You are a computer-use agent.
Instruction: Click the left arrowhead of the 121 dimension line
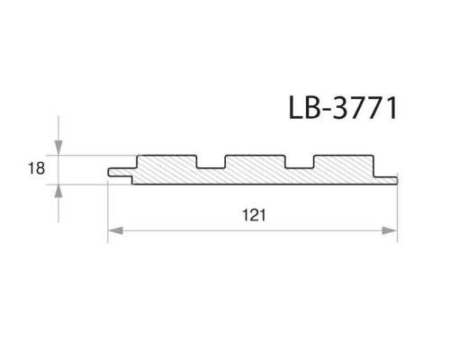[114, 231]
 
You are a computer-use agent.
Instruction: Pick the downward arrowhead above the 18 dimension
[59, 148]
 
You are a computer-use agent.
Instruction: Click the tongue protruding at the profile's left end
[119, 172]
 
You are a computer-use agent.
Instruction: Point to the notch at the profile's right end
[388, 175]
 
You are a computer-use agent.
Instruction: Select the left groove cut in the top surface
[212, 162]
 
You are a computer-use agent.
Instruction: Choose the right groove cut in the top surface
[300, 162]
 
